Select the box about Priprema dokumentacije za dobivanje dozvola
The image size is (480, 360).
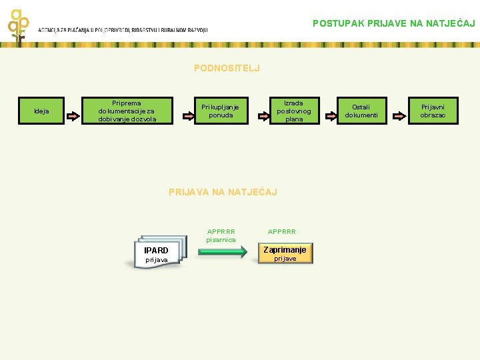[x=127, y=111]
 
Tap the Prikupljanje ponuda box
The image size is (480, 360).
[x=220, y=111]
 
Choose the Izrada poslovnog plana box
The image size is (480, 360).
[x=293, y=111]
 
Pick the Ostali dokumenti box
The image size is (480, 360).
[x=361, y=111]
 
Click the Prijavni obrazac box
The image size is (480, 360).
[x=433, y=111]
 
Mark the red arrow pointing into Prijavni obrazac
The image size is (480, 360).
[x=399, y=115]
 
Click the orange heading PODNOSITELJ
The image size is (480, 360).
[x=227, y=68]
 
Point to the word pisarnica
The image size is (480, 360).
[x=221, y=240]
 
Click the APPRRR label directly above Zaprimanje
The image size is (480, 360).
[x=281, y=232]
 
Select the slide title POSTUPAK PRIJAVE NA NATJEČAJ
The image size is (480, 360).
[x=393, y=23]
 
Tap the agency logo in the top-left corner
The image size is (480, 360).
[x=19, y=23]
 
